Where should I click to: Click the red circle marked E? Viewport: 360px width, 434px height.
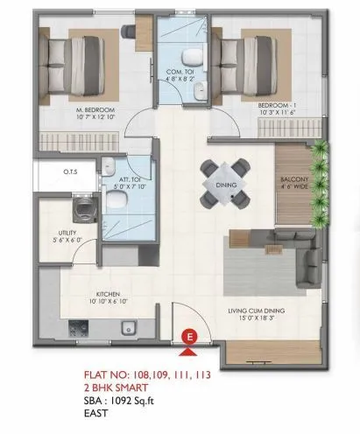[x=187, y=335]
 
